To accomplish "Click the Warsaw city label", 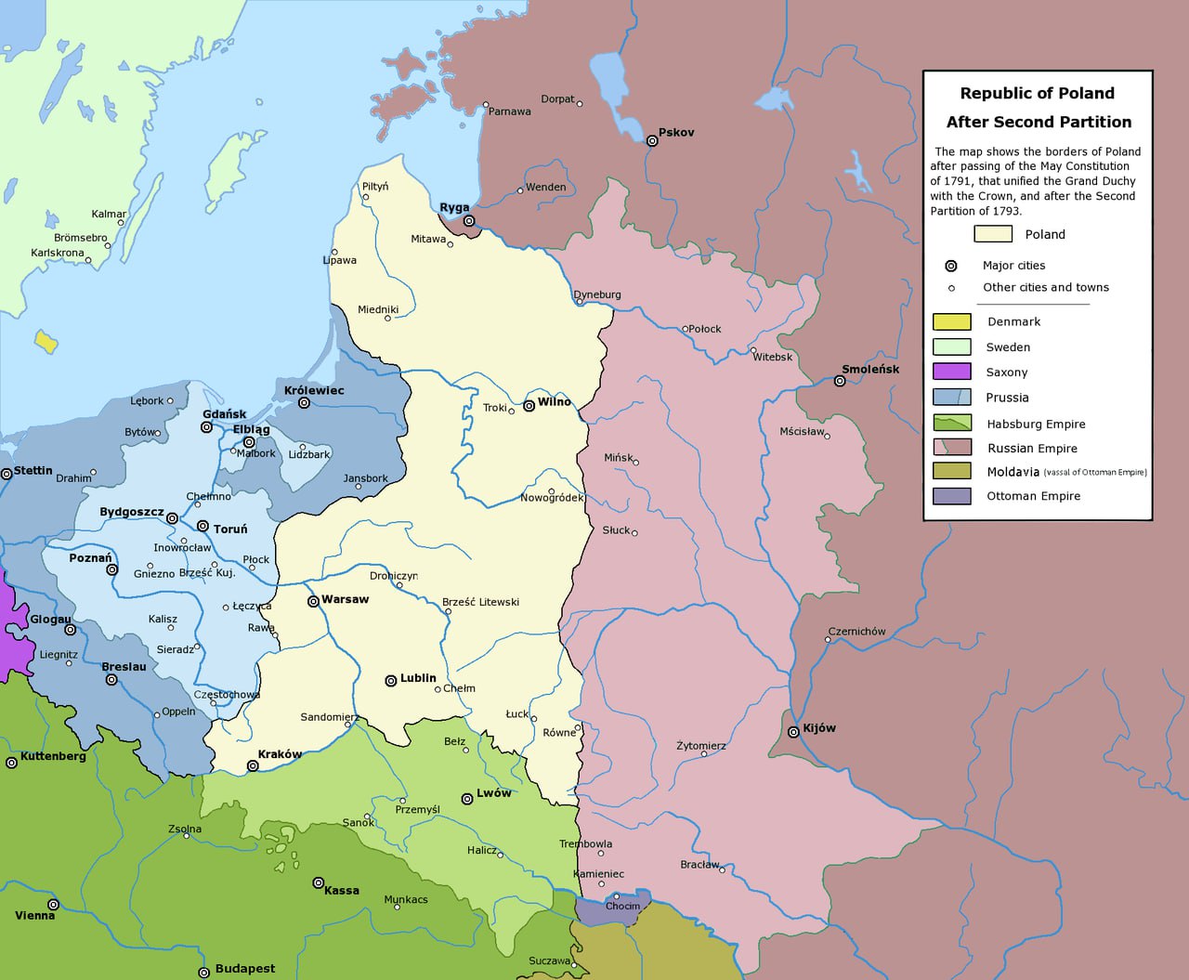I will [345, 599].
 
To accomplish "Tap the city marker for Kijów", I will [793, 732].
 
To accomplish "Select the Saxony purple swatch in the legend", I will [951, 372].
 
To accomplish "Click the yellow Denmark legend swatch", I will [951, 321].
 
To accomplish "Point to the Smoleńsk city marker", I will [840, 381].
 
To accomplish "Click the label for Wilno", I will [555, 401].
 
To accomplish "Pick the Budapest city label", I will [245, 968].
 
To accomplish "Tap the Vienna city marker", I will [53, 904].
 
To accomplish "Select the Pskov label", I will [676, 132].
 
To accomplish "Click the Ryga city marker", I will [469, 221].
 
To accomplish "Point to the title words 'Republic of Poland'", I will [1037, 93].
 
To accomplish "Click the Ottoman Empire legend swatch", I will [951, 496].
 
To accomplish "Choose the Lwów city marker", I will [467, 799].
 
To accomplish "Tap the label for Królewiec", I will [314, 390].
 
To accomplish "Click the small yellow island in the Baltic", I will [46, 341].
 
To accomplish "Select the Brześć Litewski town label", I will [480, 602].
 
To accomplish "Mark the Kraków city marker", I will [253, 766].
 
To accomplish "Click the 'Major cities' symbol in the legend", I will [950, 266].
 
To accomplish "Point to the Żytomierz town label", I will [701, 745].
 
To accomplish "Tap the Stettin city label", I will [33, 470].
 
